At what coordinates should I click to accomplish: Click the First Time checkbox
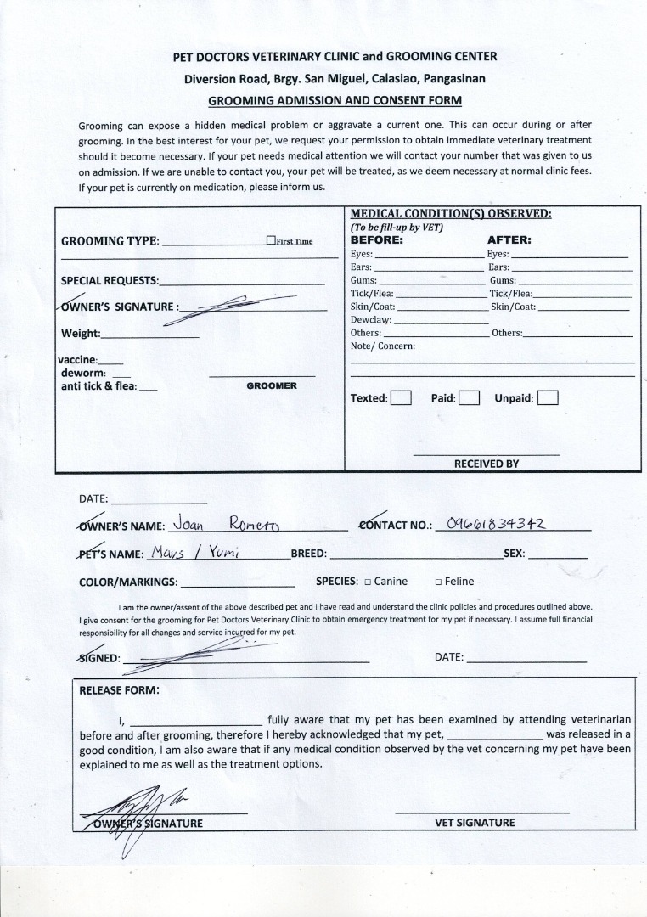click(271, 240)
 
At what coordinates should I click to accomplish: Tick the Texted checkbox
click(401, 397)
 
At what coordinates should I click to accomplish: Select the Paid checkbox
click(470, 397)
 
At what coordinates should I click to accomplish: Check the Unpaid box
click(548, 397)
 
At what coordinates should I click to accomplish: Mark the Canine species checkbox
click(367, 582)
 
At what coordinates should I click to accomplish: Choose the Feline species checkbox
click(437, 582)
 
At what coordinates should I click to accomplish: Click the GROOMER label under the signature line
click(272, 385)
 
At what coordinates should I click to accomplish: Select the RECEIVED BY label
click(486, 464)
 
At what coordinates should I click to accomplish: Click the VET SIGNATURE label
click(475, 822)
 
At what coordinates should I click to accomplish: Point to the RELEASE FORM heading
click(119, 689)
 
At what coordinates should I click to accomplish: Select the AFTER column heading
click(509, 239)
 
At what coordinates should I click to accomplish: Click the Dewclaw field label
click(371, 320)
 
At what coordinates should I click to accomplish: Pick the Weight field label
click(81, 334)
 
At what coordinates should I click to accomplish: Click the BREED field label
click(308, 553)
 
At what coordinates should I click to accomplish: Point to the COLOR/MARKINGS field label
click(128, 582)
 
